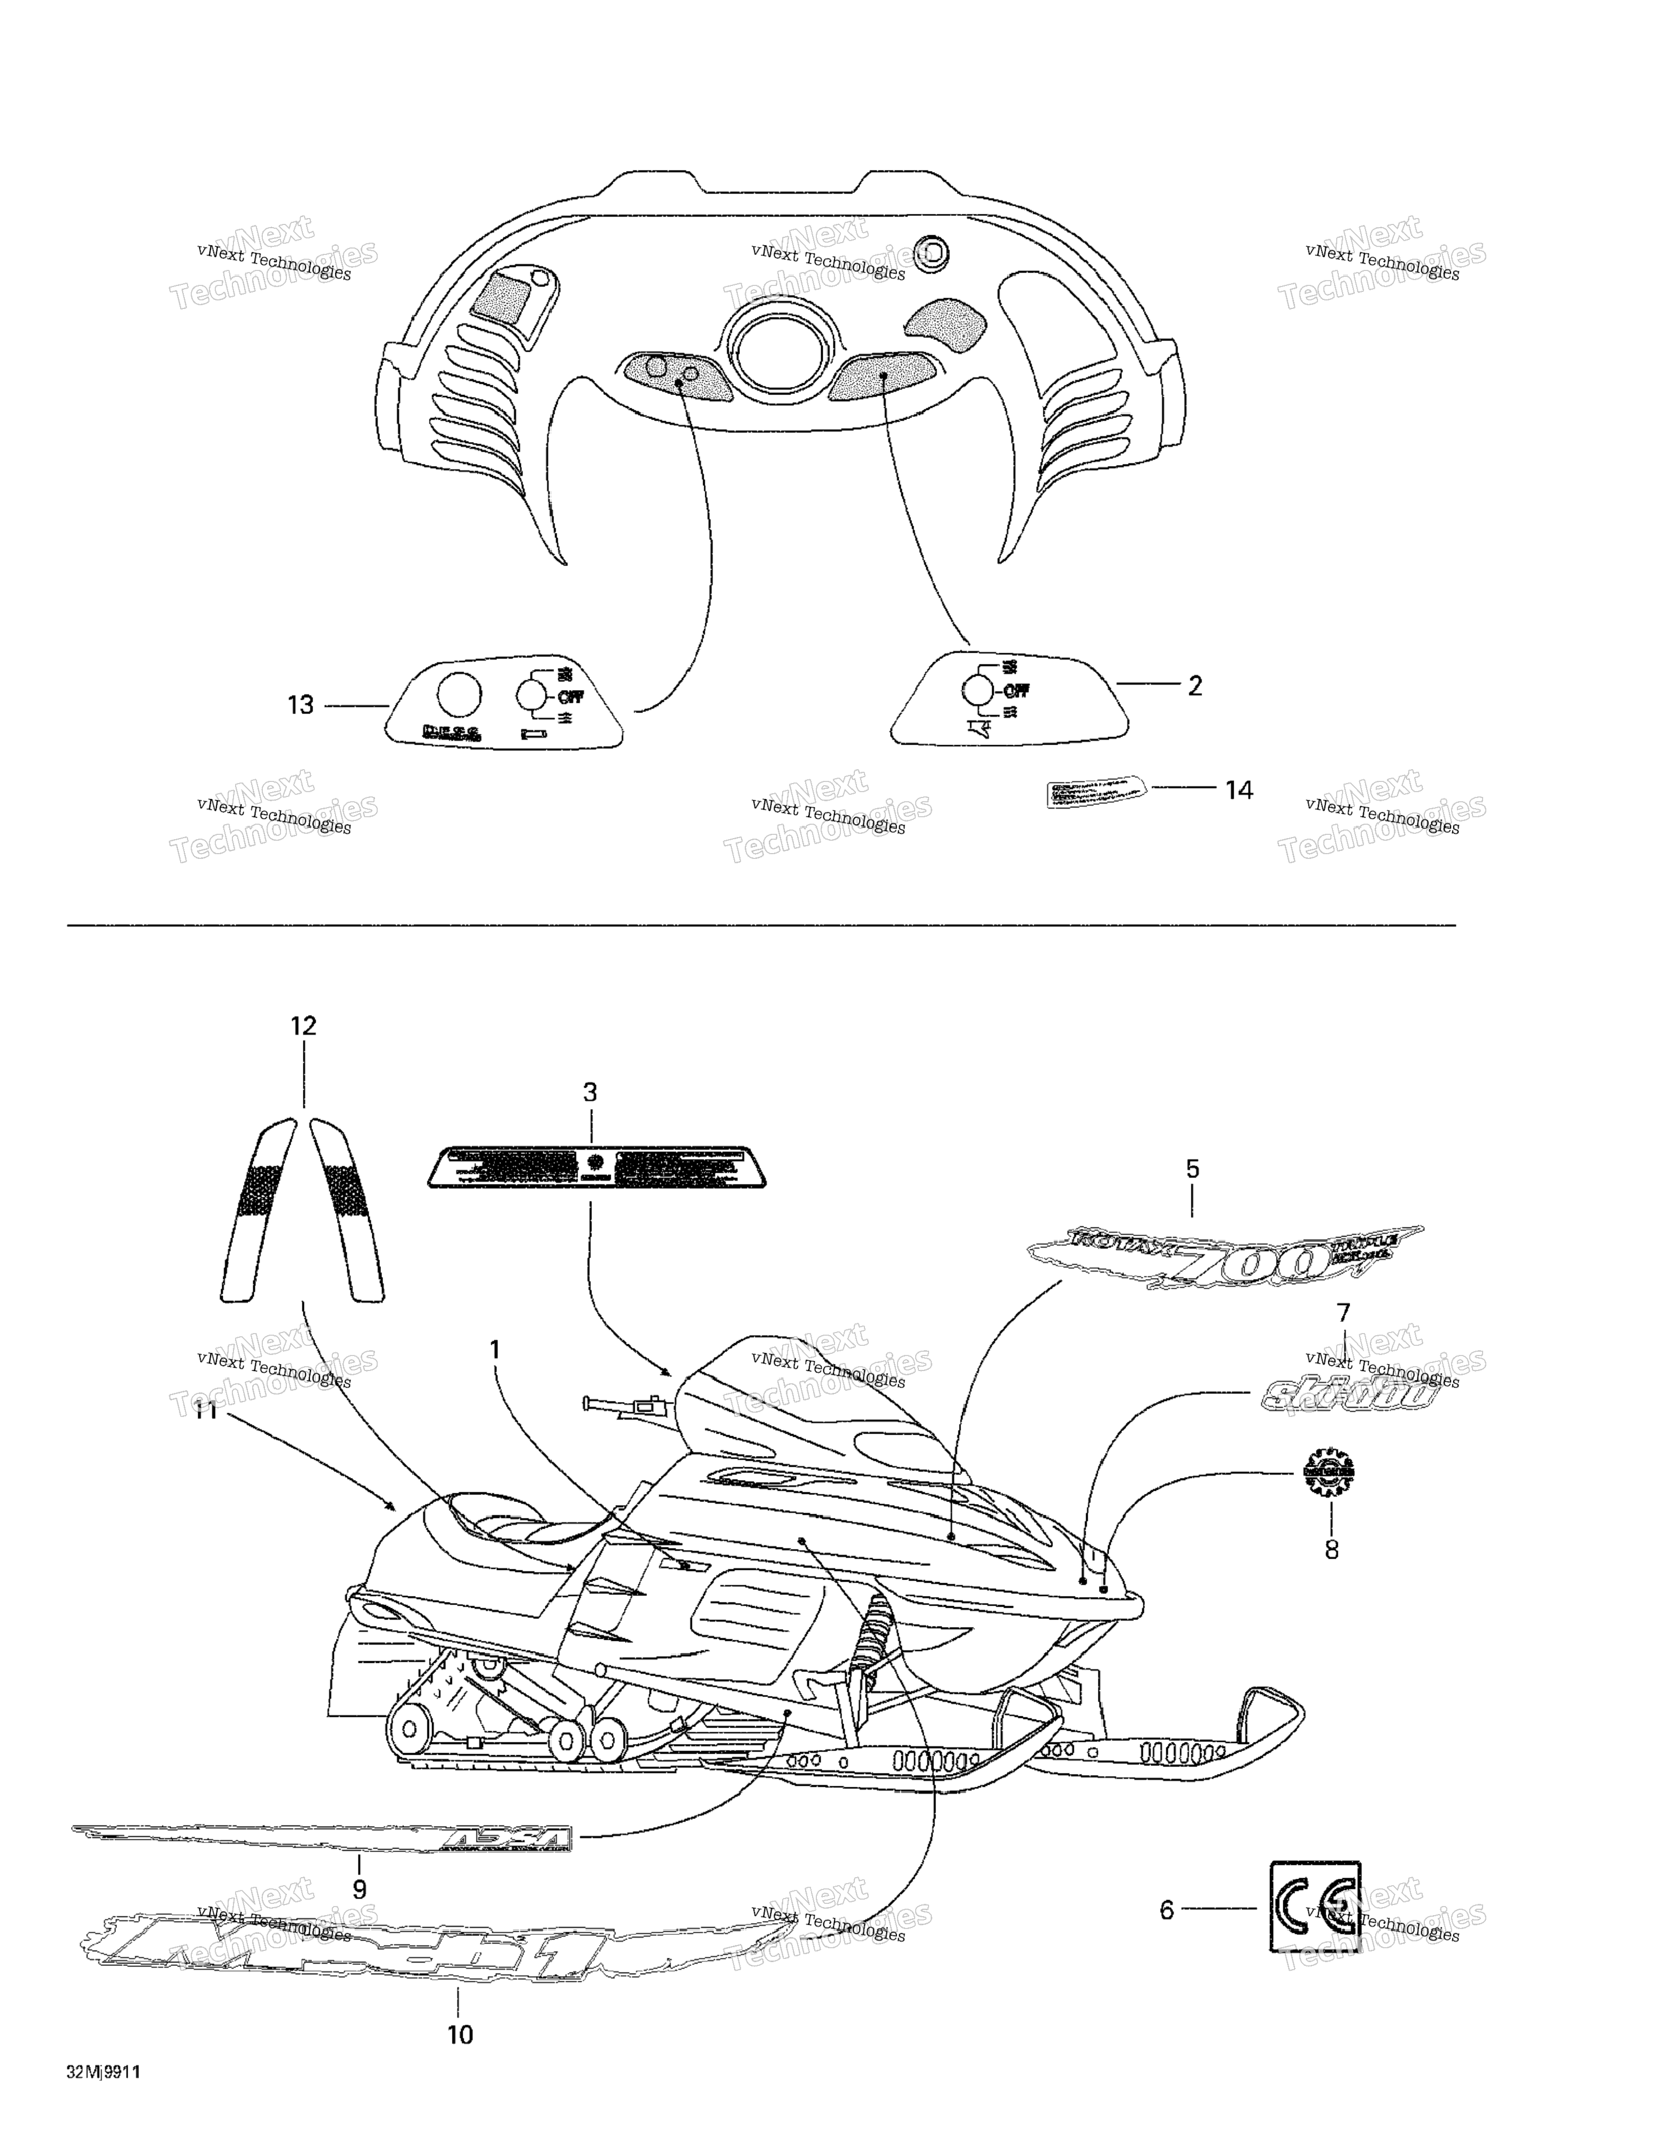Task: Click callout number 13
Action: (x=300, y=705)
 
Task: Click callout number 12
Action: (x=303, y=1026)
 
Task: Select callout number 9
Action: (x=359, y=1889)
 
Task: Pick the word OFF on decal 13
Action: (x=571, y=697)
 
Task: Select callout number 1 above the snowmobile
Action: (x=495, y=1350)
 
